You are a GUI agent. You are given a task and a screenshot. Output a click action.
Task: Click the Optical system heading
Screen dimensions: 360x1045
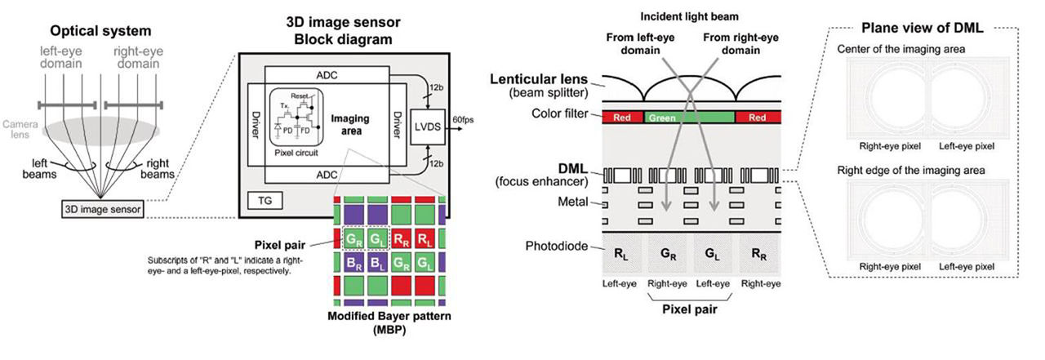click(x=100, y=31)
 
